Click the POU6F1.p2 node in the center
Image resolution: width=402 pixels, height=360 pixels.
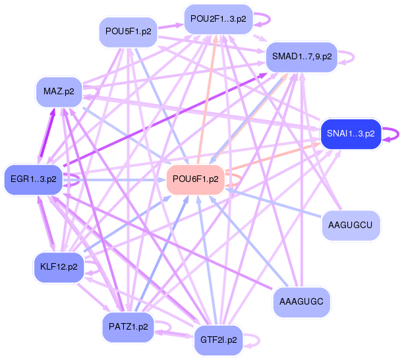195,179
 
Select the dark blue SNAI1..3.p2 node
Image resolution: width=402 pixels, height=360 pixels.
350,133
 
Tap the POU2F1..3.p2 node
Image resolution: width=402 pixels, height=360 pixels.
217,19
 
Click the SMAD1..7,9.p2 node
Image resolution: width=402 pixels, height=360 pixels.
302,57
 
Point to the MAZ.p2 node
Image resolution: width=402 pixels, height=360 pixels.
59,91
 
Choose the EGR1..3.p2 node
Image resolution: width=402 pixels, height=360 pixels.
33,178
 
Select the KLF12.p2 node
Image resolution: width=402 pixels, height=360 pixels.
59,267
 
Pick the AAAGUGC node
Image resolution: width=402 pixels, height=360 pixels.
301,301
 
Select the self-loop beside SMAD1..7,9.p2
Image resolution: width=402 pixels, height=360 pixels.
351,57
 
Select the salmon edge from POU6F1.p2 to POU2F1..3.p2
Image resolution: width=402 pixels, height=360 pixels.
206,99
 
